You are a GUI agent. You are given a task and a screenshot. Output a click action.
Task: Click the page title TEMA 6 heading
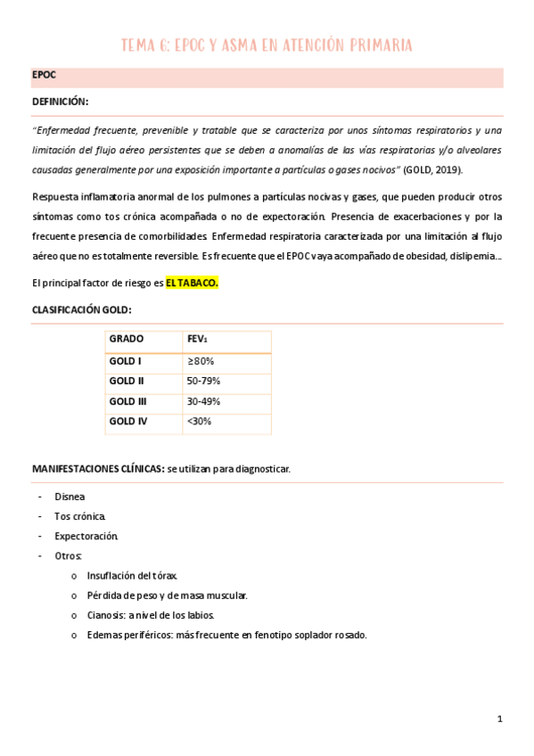click(267, 45)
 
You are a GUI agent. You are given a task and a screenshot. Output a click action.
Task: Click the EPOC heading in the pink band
click(44, 75)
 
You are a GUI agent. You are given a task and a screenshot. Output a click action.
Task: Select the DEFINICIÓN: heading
click(60, 103)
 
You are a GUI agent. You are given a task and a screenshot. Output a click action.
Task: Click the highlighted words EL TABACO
click(192, 283)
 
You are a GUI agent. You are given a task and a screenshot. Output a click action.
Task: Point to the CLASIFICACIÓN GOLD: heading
click(81, 310)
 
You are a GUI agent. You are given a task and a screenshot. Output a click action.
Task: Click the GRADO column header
click(127, 340)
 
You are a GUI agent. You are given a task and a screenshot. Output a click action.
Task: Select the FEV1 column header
click(197, 340)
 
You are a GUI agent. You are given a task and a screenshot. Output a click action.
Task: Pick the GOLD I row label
click(125, 362)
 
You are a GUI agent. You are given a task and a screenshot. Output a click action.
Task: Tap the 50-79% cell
click(202, 382)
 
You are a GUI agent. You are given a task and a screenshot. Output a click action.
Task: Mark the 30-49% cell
click(202, 401)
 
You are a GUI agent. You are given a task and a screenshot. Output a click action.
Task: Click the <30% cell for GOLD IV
click(199, 421)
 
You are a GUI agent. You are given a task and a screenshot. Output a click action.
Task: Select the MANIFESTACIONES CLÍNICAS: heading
click(98, 469)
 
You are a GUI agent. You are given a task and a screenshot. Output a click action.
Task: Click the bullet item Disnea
click(70, 497)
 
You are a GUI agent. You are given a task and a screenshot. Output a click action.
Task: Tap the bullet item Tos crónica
click(80, 517)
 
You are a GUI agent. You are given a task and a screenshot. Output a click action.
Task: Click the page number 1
click(500, 719)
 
